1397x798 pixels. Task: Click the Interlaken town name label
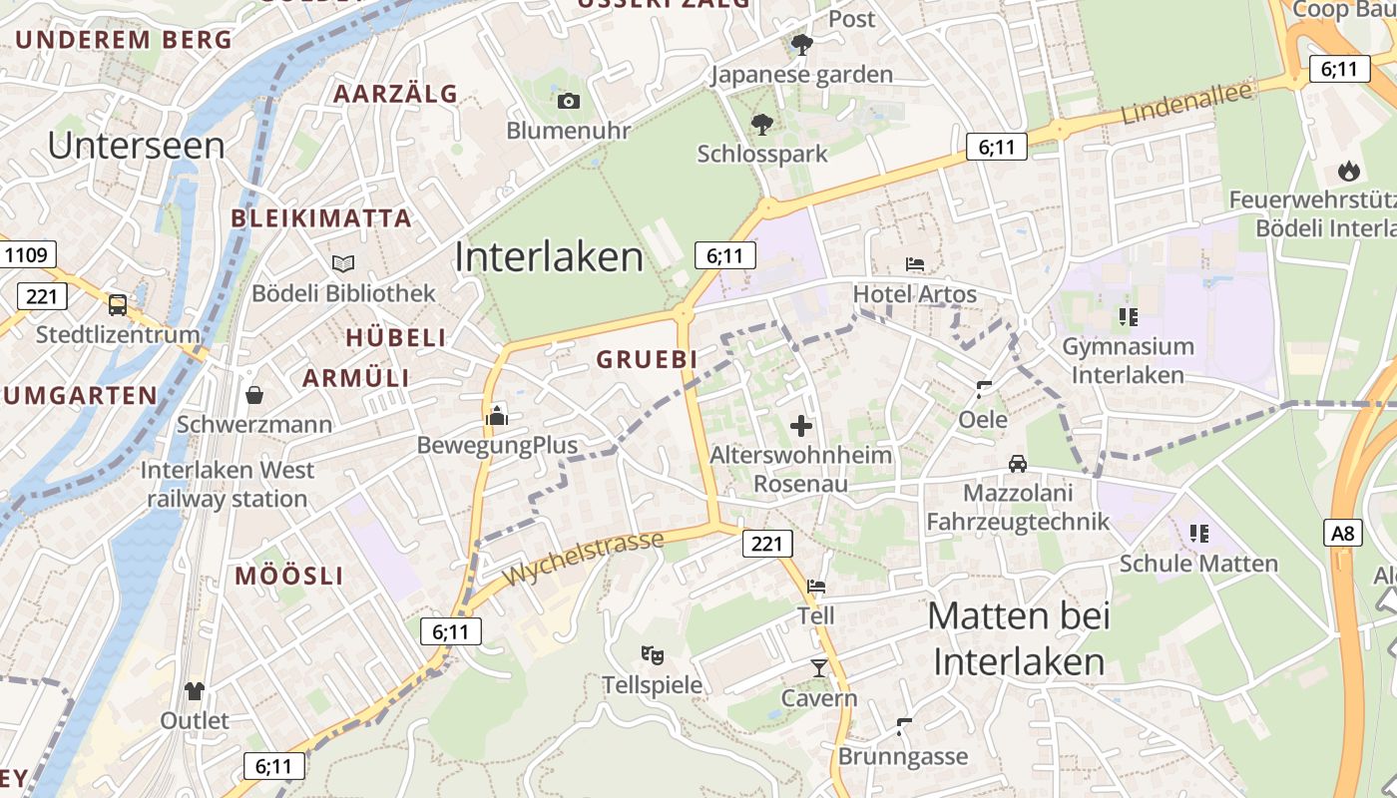(549, 257)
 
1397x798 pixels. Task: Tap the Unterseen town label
(136, 146)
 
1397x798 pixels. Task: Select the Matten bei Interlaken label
(1019, 638)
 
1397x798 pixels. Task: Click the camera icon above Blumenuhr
(569, 101)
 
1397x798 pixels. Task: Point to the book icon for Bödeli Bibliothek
(343, 263)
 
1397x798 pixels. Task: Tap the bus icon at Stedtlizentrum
(117, 304)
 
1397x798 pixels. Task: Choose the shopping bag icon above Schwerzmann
(254, 395)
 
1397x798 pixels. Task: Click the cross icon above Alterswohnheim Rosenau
(800, 427)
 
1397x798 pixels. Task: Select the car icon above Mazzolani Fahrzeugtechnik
(1017, 464)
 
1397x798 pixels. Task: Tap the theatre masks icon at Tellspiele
(653, 655)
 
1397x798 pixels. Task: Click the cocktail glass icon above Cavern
(819, 667)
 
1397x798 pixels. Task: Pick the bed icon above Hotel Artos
(914, 264)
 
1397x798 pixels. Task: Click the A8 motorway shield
(1344, 533)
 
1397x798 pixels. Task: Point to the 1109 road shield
(26, 254)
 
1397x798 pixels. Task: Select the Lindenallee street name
(1186, 104)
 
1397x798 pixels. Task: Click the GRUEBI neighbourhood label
(646, 359)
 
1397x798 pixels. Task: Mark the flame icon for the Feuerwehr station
(1349, 171)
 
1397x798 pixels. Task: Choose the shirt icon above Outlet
(195, 690)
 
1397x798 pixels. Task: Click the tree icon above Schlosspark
(762, 125)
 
